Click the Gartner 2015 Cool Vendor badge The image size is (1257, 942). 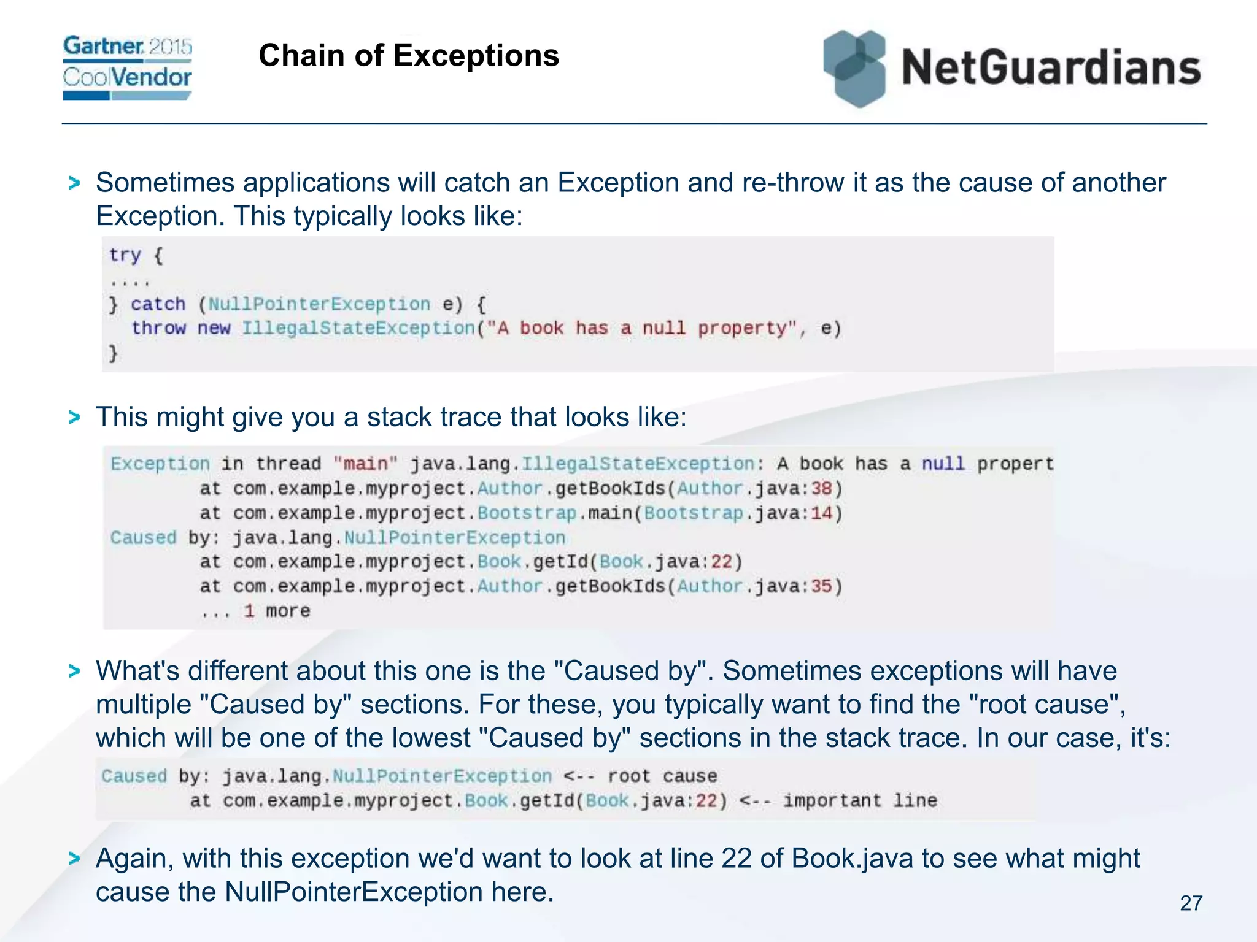[x=128, y=67]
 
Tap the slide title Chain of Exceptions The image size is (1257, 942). [x=409, y=56]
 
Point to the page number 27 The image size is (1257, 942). [x=1191, y=903]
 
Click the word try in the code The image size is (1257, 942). [x=125, y=255]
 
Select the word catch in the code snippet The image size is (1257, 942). [x=158, y=304]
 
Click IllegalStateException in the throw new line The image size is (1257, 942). [x=358, y=328]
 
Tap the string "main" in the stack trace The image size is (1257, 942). [x=366, y=464]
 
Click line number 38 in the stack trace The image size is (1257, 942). [x=821, y=489]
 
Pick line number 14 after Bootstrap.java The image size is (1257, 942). [x=821, y=513]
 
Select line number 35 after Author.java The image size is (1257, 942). [x=821, y=587]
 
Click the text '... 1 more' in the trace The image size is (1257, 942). [x=255, y=611]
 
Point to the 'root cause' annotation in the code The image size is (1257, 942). [x=662, y=776]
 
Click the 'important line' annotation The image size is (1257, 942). [x=860, y=800]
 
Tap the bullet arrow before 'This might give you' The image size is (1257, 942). [x=75, y=418]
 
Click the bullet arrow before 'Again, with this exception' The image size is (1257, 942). [x=75, y=859]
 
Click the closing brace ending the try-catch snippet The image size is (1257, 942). [x=114, y=353]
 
